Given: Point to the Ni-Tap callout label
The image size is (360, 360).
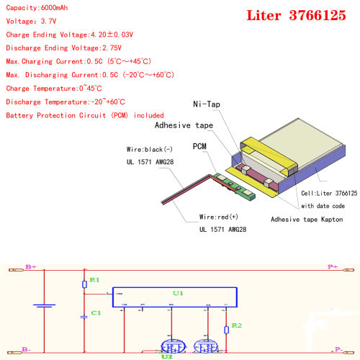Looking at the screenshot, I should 207,105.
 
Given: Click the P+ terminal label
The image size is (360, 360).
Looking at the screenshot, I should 333,267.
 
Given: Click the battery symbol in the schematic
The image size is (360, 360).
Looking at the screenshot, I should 45,306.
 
